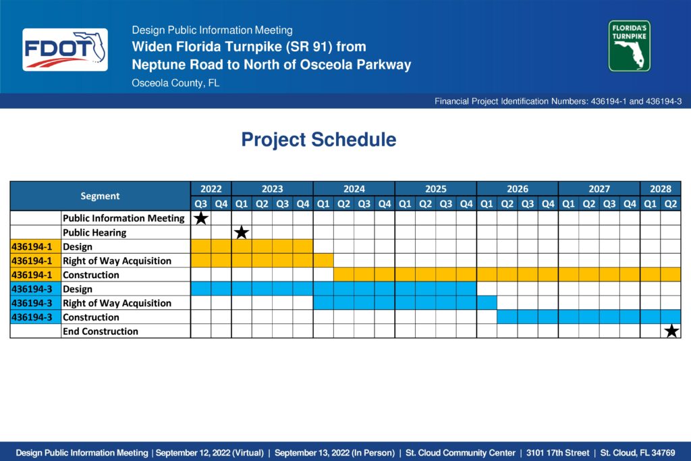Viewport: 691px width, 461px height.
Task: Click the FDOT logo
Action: click(65, 49)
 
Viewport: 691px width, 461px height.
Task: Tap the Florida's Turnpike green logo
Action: click(630, 46)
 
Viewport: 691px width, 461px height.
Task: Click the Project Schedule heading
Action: click(319, 140)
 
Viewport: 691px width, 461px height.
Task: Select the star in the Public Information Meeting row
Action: click(201, 218)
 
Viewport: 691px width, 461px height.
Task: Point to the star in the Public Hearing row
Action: click(242, 232)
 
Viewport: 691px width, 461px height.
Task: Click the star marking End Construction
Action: click(671, 331)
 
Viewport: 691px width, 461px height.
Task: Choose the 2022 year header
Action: click(211, 188)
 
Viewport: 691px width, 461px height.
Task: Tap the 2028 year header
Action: click(661, 188)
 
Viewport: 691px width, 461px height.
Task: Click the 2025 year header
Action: click(436, 188)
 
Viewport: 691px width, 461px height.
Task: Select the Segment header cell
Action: click(100, 196)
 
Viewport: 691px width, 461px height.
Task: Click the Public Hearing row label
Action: click(94, 232)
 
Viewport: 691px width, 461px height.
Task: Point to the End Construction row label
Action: click(101, 331)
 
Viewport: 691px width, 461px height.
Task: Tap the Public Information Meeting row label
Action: click(123, 218)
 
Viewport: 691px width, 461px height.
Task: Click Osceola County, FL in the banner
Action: click(175, 83)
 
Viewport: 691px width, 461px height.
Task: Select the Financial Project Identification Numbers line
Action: click(558, 101)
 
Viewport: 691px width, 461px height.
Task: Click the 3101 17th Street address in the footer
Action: click(557, 453)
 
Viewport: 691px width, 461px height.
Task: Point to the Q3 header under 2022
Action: click(201, 204)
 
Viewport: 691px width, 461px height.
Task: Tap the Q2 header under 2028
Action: click(671, 204)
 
